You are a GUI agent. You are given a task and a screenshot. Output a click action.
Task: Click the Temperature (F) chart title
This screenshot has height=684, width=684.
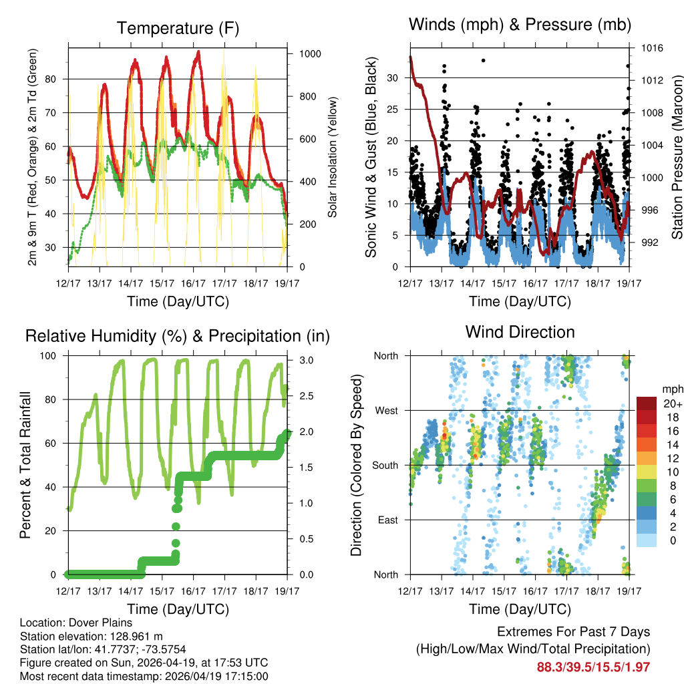click(x=178, y=28)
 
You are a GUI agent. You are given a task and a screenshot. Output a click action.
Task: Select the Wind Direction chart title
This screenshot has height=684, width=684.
click(x=520, y=332)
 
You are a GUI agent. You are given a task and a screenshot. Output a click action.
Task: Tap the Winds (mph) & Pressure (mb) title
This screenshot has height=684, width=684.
click(x=520, y=25)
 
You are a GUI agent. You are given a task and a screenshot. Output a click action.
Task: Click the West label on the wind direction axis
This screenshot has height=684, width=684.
click(x=385, y=410)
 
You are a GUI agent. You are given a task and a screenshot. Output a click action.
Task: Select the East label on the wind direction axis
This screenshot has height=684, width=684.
click(x=387, y=520)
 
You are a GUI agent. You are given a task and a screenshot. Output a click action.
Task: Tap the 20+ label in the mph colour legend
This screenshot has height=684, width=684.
click(x=671, y=404)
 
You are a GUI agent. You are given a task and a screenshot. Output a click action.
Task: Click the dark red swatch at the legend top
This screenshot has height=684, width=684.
click(x=647, y=404)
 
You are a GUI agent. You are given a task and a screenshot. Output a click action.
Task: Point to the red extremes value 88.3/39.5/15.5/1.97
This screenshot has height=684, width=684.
click(x=593, y=667)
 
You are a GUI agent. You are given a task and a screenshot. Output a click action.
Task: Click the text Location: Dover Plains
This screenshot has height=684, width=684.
click(x=71, y=623)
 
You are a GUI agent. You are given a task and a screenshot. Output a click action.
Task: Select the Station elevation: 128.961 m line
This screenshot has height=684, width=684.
click(x=92, y=637)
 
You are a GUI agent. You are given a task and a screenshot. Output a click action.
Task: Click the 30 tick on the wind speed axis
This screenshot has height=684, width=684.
click(x=393, y=77)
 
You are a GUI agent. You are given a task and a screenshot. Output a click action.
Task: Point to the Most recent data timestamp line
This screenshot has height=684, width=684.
click(x=144, y=676)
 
